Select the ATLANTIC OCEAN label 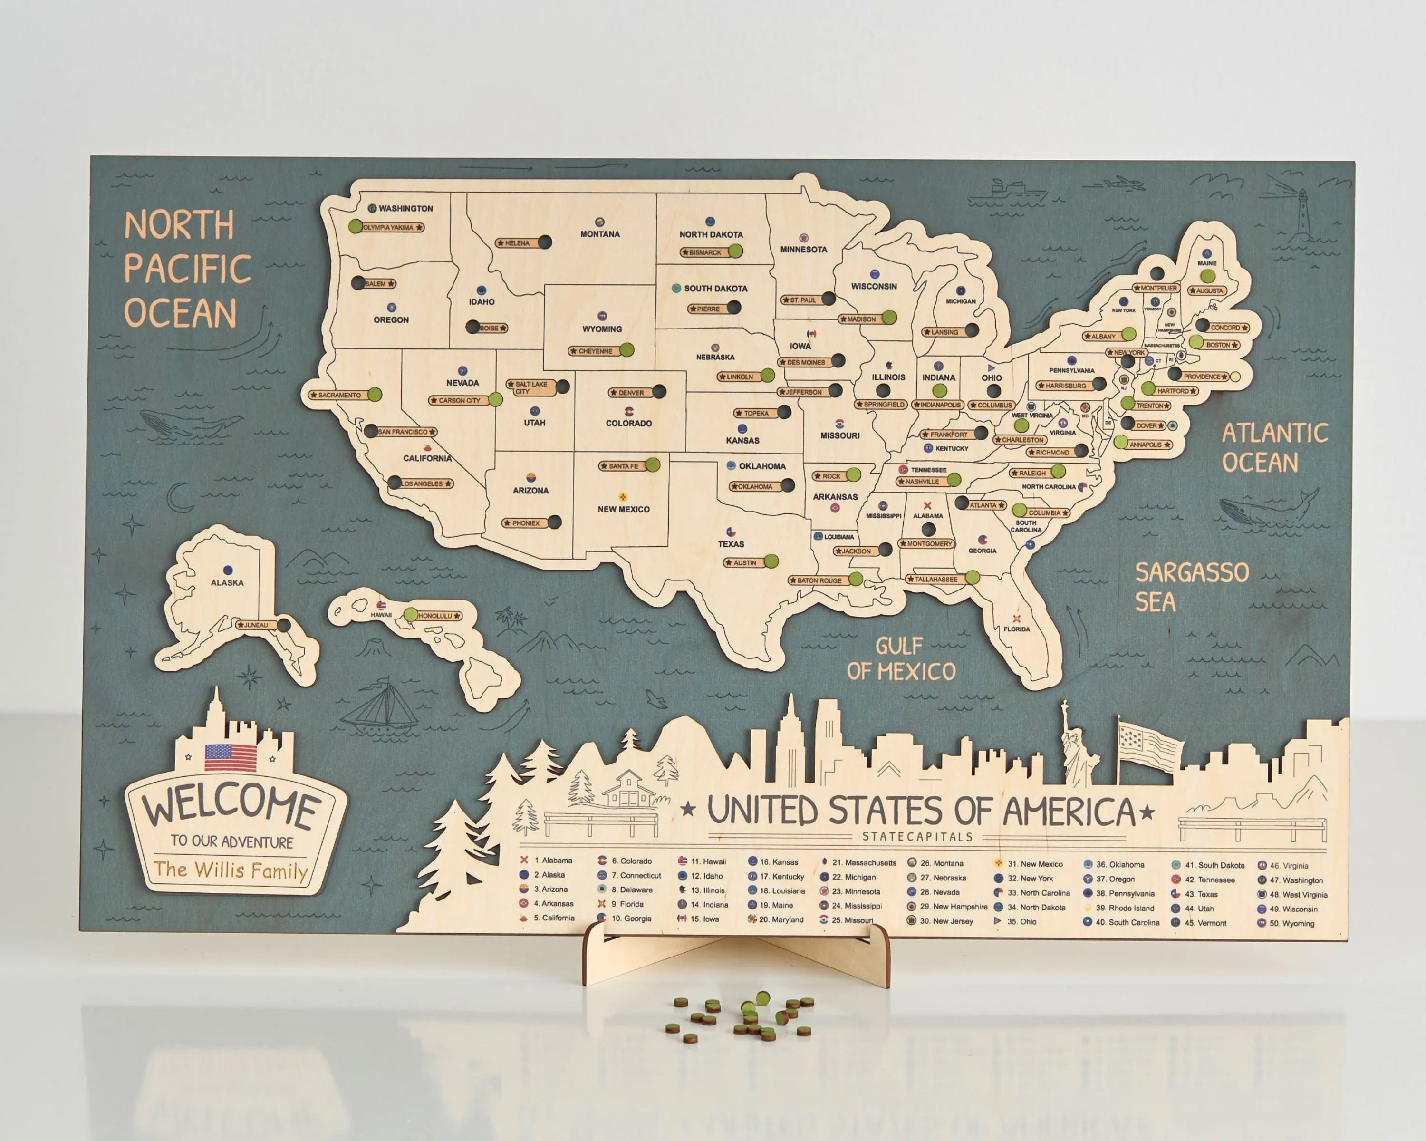(x=1274, y=448)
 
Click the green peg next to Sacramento (x=375, y=395)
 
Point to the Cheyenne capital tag (x=594, y=351)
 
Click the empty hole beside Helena (x=544, y=242)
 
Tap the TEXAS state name (x=731, y=544)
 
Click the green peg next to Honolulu (x=411, y=615)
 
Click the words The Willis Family (x=231, y=870)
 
